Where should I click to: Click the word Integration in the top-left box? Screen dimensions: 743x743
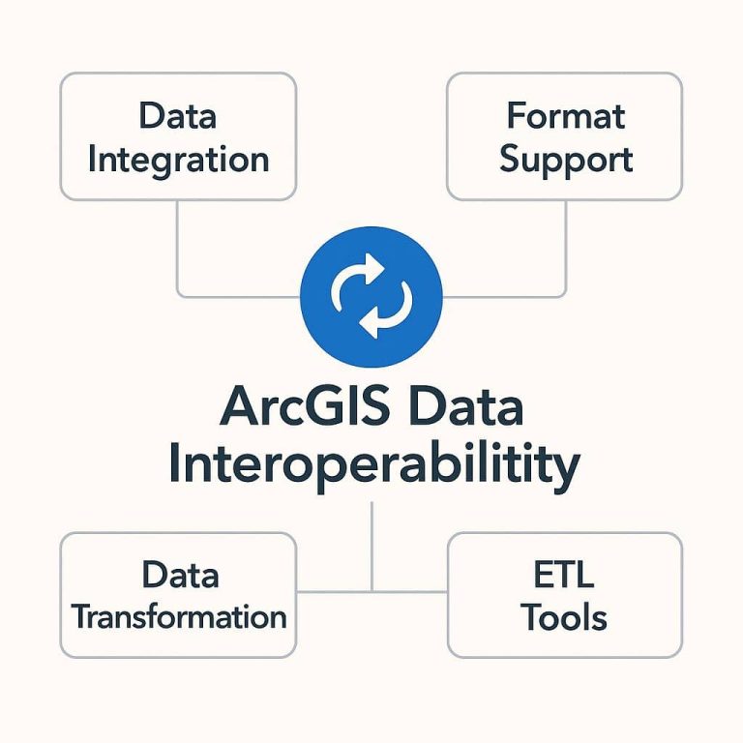(x=178, y=160)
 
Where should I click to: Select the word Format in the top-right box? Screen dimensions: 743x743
(x=566, y=116)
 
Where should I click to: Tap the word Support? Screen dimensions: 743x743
(x=566, y=160)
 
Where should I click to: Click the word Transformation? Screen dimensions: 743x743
(x=179, y=616)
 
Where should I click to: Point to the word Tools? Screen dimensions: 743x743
(x=565, y=617)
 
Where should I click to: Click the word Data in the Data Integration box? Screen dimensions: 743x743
(x=178, y=116)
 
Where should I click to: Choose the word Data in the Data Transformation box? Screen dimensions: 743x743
(x=179, y=575)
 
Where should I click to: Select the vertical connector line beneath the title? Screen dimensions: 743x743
(x=372, y=542)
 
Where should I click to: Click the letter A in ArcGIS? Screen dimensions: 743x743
(x=239, y=408)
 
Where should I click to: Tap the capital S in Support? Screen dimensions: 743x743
(x=512, y=160)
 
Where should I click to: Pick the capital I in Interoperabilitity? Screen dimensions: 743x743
(x=176, y=464)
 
